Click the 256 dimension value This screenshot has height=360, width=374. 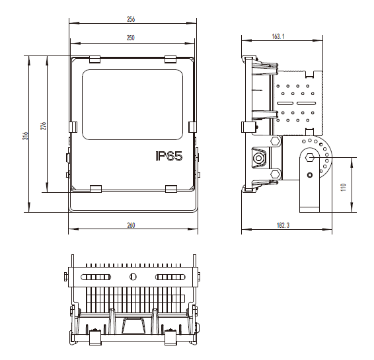(x=131, y=19)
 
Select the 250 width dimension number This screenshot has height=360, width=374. (x=130, y=38)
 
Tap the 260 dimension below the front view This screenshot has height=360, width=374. (x=131, y=225)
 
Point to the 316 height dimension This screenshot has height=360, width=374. (x=26, y=135)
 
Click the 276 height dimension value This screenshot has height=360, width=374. (x=44, y=126)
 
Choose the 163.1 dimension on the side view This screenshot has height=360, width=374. (x=278, y=36)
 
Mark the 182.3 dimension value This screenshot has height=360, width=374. (x=283, y=225)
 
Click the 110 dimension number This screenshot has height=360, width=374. (x=344, y=187)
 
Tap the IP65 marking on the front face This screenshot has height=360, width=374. (x=169, y=156)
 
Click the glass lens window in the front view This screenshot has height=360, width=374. (x=132, y=104)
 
